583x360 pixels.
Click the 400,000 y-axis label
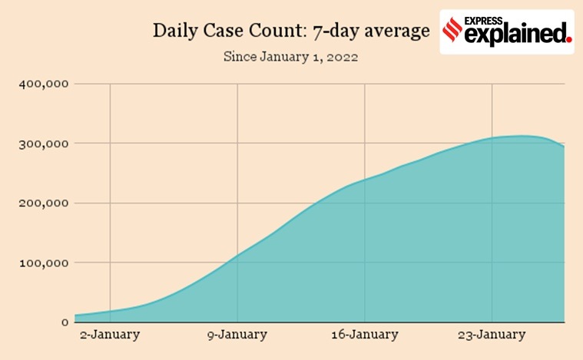[43, 84]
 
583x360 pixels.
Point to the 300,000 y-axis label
[43, 144]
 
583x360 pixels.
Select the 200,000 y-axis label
[43, 203]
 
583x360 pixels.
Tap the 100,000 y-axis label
[43, 263]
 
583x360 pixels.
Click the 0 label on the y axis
[66, 322]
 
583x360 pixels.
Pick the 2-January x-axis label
[110, 335]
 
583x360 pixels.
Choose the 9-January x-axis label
[237, 335]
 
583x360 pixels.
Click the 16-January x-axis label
[365, 335]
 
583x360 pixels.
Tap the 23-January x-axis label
[492, 335]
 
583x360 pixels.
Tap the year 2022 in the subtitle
[341, 57]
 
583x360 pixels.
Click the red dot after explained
[568, 38]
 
